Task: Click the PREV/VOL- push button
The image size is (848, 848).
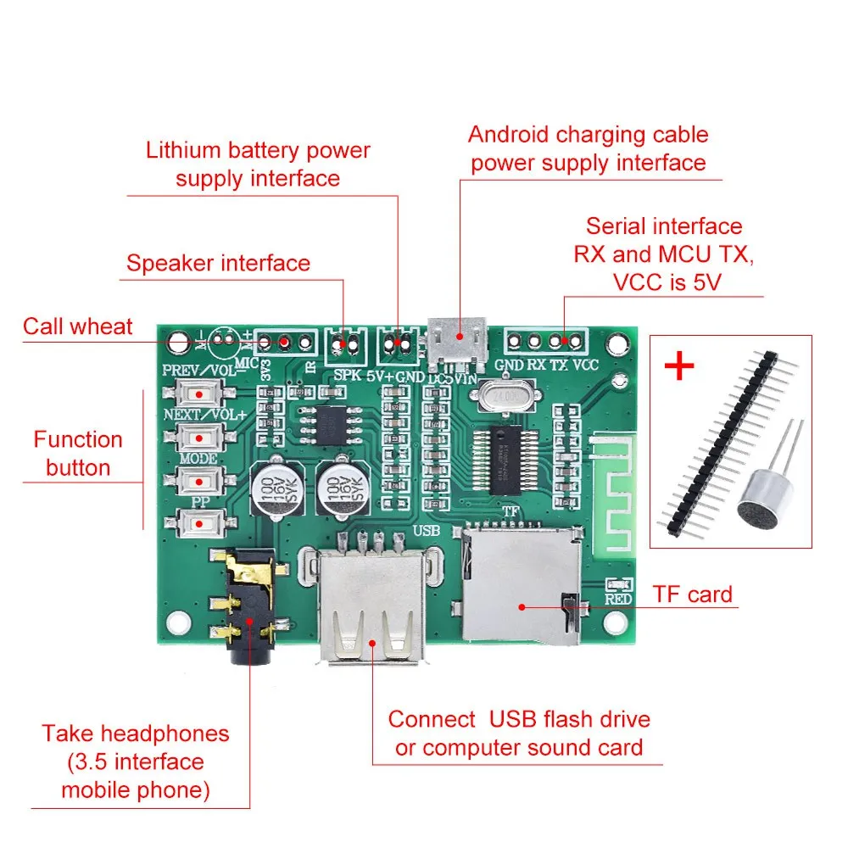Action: click(x=200, y=393)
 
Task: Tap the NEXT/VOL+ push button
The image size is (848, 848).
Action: click(x=200, y=438)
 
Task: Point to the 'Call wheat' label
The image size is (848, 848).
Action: click(x=77, y=326)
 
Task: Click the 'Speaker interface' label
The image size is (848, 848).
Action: click(x=218, y=263)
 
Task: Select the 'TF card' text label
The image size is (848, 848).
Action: click(x=692, y=594)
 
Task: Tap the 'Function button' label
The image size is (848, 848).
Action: click(x=78, y=454)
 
